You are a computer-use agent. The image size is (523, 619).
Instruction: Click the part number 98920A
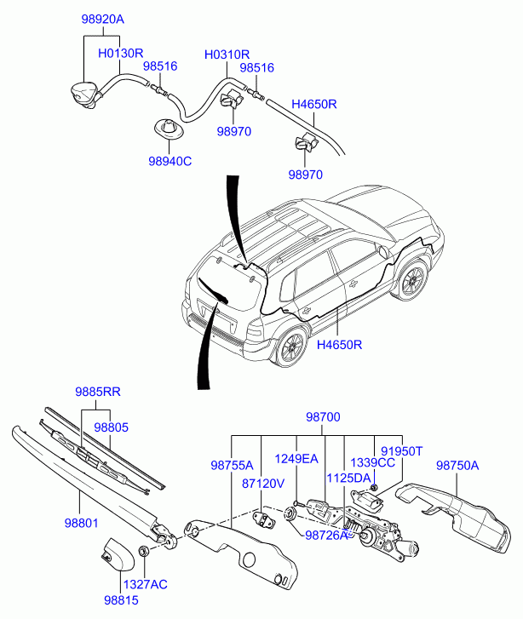click(x=103, y=19)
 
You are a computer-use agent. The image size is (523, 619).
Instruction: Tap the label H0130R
click(x=120, y=53)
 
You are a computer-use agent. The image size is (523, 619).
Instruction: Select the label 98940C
click(x=170, y=161)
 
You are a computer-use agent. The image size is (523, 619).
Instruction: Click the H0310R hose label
click(x=227, y=54)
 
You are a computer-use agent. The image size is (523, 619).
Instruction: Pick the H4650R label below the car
click(x=339, y=345)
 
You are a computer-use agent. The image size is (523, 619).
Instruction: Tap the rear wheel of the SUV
click(x=292, y=347)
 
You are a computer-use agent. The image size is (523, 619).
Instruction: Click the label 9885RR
click(x=98, y=392)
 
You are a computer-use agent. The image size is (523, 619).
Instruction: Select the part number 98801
click(x=82, y=524)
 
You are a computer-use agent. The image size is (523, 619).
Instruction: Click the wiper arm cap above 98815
click(x=118, y=554)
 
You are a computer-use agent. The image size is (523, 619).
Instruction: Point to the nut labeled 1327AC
click(x=144, y=550)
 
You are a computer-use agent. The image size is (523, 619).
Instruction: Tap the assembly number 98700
click(x=323, y=417)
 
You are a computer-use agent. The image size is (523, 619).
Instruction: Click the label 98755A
click(x=232, y=465)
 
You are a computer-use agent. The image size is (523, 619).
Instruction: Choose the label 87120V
click(x=263, y=484)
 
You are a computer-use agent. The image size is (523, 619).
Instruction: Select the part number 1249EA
click(x=296, y=459)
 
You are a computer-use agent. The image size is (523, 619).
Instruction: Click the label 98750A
click(x=457, y=466)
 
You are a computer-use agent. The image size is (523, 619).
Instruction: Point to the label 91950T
click(x=402, y=450)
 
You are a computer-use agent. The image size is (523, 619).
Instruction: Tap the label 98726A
click(x=327, y=536)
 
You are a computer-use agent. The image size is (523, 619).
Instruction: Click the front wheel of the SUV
click(x=412, y=278)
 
